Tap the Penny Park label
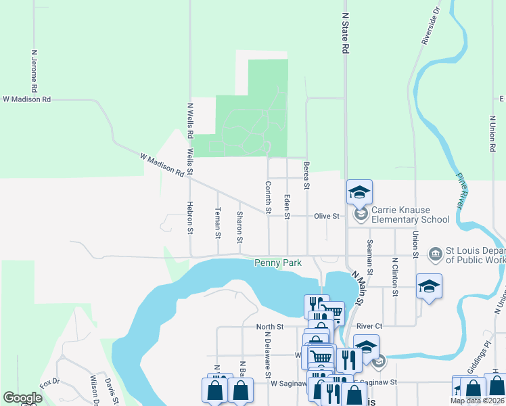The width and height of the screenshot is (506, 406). [277, 263]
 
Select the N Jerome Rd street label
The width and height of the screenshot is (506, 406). [33, 70]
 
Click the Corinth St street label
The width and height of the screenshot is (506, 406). [268, 198]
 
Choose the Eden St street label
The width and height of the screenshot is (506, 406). [287, 206]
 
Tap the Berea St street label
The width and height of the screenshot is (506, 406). [306, 175]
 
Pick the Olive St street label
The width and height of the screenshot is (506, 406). [325, 217]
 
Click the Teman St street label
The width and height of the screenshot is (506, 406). [218, 224]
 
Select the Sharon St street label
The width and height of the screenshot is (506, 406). [239, 227]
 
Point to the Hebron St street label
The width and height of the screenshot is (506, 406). [190, 217]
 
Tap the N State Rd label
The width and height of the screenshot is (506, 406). [345, 32]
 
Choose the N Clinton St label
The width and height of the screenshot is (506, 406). [394, 276]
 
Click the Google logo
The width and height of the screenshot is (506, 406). [22, 398]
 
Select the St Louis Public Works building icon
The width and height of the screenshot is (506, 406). [434, 254]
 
